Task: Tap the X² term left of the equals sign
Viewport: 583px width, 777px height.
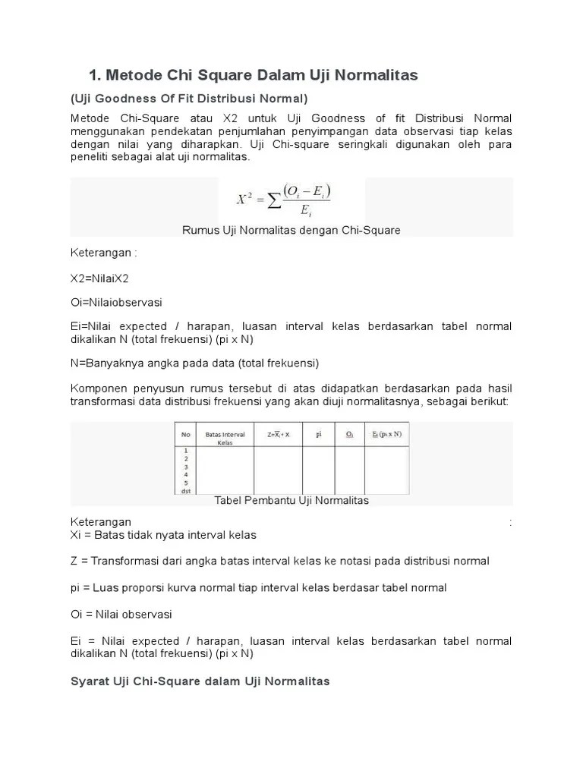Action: click(x=244, y=199)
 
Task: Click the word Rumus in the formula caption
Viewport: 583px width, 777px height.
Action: click(x=200, y=230)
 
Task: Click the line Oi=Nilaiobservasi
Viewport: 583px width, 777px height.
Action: click(x=116, y=302)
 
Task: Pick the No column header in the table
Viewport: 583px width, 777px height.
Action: click(x=185, y=435)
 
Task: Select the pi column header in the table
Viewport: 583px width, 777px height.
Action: click(x=320, y=434)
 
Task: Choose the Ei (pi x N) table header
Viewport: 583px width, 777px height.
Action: click(x=386, y=435)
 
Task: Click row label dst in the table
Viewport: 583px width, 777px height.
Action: click(x=185, y=491)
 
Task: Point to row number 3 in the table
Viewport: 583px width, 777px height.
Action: click(x=184, y=467)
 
